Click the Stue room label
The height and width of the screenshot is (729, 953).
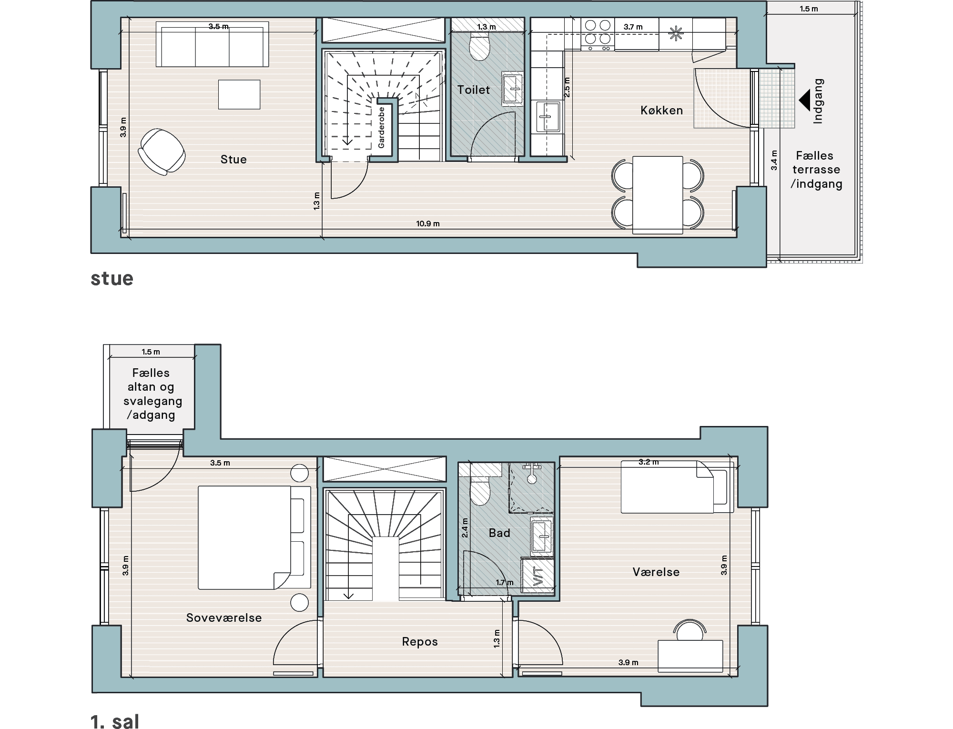(233, 159)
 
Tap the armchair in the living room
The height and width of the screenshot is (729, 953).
(162, 152)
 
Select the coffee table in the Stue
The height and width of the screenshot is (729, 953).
(239, 94)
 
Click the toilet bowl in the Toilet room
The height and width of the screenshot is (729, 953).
(479, 46)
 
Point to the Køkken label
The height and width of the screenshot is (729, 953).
(662, 110)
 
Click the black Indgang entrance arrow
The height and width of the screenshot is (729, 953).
(804, 101)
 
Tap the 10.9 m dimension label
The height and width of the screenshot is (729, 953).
(428, 223)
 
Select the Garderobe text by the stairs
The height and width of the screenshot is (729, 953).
(381, 128)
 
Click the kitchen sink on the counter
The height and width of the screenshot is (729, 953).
(547, 117)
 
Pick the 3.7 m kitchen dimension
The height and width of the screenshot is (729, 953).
(633, 27)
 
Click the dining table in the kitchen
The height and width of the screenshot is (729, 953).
(658, 195)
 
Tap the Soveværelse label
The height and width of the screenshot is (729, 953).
(224, 618)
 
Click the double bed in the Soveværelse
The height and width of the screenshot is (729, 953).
(254, 537)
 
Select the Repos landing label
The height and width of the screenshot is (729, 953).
(420, 642)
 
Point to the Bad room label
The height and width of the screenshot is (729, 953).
(499, 533)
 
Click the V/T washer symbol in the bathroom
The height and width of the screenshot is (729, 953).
(538, 576)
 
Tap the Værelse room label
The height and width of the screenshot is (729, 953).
(656, 572)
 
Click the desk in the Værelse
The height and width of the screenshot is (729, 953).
(690, 656)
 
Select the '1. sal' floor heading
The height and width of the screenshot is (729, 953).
(115, 721)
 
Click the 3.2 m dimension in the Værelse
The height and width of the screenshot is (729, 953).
(649, 462)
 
